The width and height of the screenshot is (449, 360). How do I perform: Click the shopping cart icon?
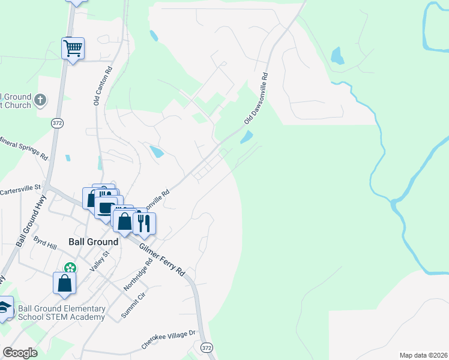(x=73, y=47)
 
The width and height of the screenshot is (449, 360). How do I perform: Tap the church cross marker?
(x=40, y=100)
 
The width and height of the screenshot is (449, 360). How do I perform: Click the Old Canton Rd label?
(x=103, y=86)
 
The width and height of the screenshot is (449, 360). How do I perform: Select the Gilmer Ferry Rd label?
(x=162, y=259)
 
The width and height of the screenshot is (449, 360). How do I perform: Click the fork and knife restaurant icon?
(x=144, y=223)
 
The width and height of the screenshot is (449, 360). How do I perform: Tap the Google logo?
(x=20, y=353)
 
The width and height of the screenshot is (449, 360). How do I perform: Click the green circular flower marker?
(x=71, y=268)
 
